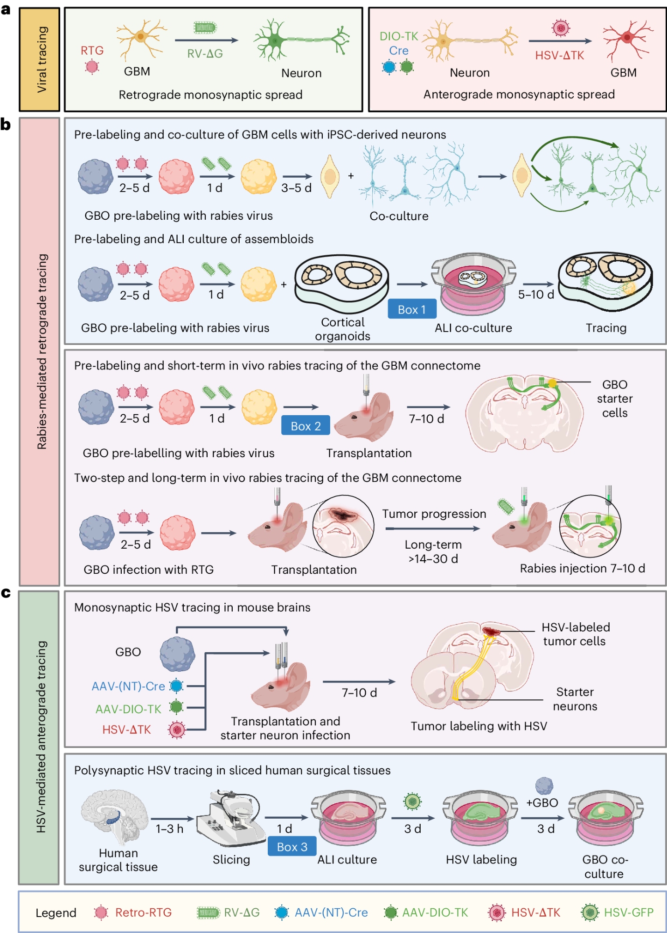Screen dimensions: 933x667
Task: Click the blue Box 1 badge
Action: pos(412,309)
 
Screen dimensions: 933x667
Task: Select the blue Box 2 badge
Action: pos(306,425)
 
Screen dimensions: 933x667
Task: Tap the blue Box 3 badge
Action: pos(292,847)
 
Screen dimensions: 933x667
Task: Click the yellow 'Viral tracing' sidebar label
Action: pos(40,59)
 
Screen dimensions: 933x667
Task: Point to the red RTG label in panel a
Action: pos(92,50)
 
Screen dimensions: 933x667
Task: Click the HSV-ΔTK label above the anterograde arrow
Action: pos(559,56)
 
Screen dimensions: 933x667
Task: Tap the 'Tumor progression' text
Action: pos(434,514)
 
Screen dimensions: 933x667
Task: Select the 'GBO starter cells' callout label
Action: pos(614,398)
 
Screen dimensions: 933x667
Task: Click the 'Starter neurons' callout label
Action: pos(575,699)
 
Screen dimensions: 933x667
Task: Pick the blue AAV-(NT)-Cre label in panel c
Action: pos(128,686)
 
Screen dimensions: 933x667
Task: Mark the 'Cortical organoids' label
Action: pos(342,329)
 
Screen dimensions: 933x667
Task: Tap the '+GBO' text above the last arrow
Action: pos(542,802)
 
